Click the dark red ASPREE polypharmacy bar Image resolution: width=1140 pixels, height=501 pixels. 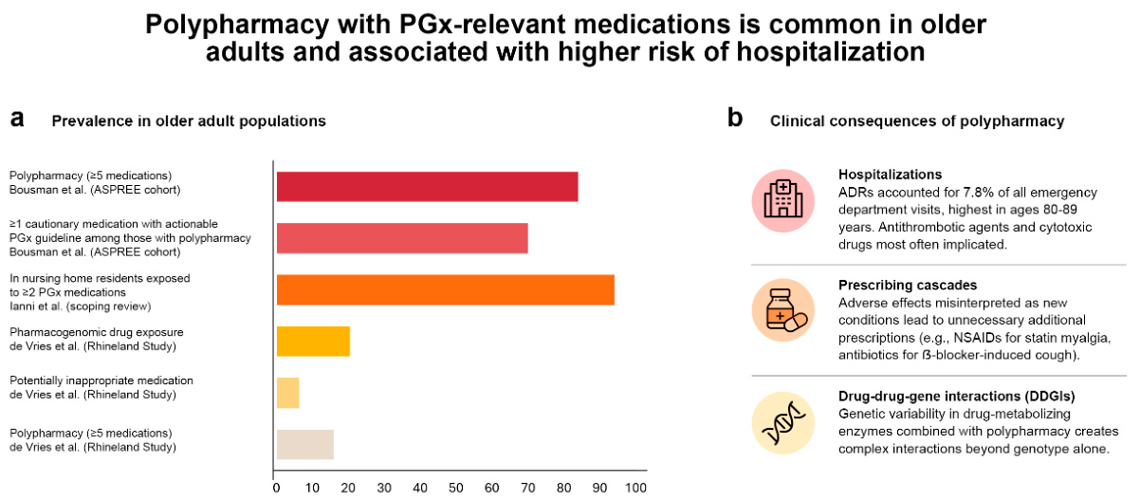coord(427,187)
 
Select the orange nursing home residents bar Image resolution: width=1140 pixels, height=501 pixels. coord(446,290)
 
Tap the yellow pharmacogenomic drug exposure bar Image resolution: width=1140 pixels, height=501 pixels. coord(313,342)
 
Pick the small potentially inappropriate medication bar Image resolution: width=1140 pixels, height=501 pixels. coord(287,393)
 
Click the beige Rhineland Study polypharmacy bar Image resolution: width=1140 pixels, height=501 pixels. coord(304,444)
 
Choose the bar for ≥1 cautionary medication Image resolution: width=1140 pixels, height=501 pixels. coord(402,238)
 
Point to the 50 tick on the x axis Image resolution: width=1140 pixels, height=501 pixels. coord(456,488)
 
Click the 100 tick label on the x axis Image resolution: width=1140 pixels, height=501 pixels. coord(635,488)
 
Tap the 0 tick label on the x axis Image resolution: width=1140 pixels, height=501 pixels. coord(276,488)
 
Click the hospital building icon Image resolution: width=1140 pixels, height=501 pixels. coord(782,200)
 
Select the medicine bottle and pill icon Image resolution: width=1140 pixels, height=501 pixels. coord(782,310)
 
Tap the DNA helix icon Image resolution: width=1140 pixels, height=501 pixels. coord(782,422)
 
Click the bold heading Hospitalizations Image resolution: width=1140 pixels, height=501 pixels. coord(891,175)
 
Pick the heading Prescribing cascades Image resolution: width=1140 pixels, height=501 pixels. coord(908,285)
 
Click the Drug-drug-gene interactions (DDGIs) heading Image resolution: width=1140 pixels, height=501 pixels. coord(957,396)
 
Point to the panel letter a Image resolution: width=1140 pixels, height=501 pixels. coord(17,119)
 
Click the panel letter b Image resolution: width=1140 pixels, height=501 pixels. coord(735,118)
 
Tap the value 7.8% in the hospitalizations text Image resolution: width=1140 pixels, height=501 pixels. coord(981,193)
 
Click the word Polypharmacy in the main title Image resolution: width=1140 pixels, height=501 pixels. coord(237,25)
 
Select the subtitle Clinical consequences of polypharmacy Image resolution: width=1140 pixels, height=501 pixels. coord(917,121)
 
